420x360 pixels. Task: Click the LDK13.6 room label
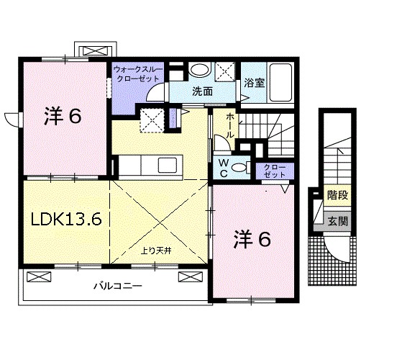65,219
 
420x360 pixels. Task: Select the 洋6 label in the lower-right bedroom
252,240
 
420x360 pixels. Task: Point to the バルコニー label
117,286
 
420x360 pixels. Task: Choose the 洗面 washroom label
203,91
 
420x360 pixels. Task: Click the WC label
224,168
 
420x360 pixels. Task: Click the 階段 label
335,194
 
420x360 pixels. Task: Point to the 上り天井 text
155,251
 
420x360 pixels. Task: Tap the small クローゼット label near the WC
270,170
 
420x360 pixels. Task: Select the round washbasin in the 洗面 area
202,71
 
